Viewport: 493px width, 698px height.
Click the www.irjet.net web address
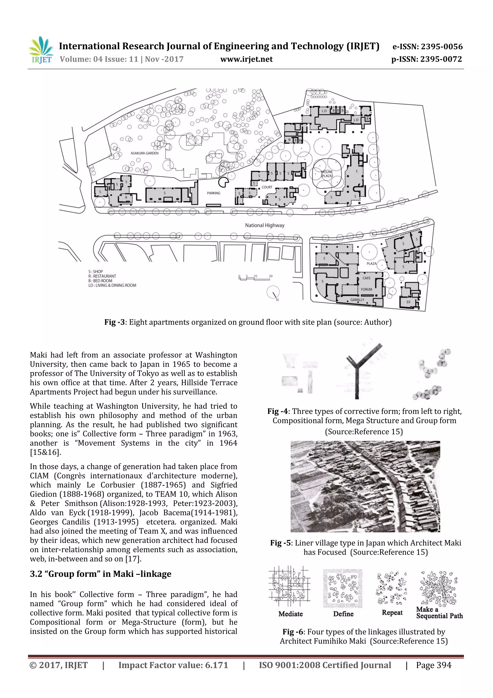click(246, 59)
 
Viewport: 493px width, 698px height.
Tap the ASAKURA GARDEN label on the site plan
click(145, 153)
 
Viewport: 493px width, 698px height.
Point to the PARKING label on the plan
click(214, 193)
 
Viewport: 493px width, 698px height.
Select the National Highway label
click(265, 225)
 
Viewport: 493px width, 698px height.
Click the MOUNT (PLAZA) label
click(327, 174)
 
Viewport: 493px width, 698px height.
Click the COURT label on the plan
click(267, 187)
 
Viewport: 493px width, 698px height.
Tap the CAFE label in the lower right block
click(366, 278)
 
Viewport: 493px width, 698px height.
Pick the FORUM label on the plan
click(366, 289)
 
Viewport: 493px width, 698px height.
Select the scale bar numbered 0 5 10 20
click(255, 278)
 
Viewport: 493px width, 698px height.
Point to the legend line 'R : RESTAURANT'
click(102, 276)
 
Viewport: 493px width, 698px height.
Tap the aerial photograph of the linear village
click(365, 486)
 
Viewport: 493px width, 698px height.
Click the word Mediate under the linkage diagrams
click(290, 614)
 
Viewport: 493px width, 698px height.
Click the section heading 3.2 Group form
click(101, 574)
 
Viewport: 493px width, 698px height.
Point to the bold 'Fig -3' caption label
click(115, 322)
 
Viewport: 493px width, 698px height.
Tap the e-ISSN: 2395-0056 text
click(427, 47)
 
